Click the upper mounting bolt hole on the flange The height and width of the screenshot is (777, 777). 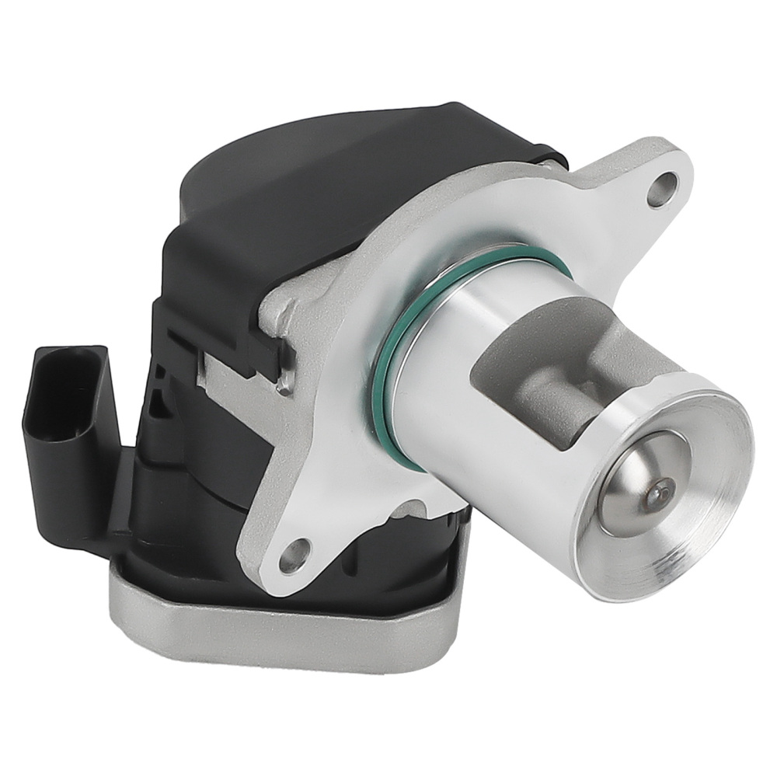point(662,189)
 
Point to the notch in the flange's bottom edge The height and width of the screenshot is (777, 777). point(408,510)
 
